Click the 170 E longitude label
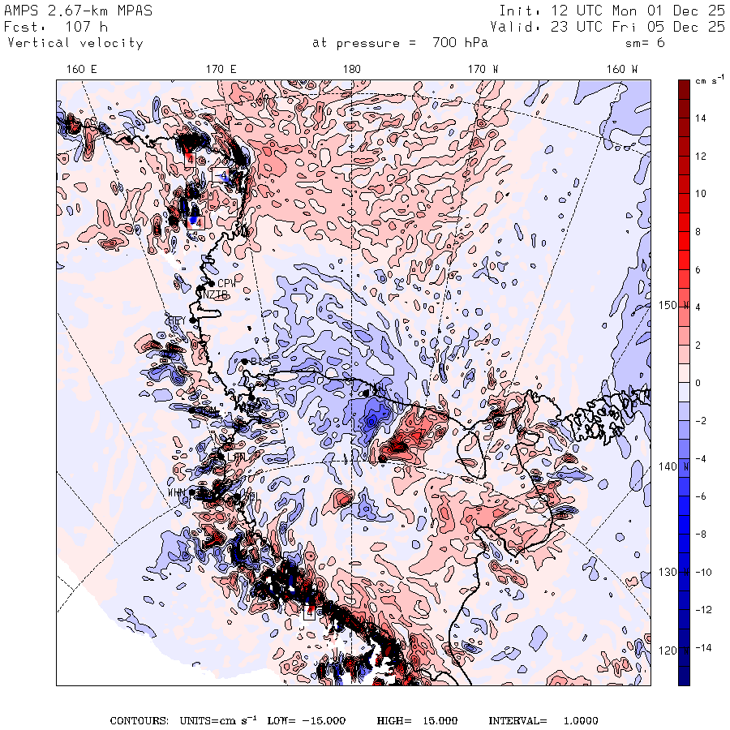pos(221,69)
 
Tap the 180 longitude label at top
pos(351,69)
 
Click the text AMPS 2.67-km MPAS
pos(78,11)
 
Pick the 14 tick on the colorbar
pos(699,118)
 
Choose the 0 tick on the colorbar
pos(698,383)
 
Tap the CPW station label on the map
pos(226,283)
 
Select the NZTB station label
pos(215,294)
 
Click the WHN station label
pos(177,492)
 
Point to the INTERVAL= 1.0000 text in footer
pos(543,720)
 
